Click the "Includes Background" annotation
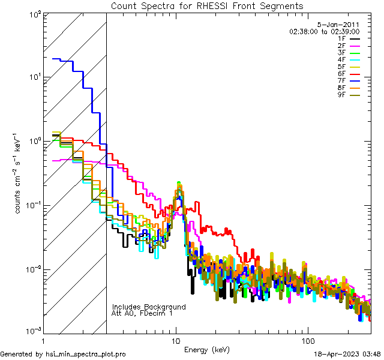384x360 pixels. point(149,307)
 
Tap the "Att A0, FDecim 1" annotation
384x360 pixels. point(142,313)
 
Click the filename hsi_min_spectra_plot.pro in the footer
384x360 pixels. point(85,355)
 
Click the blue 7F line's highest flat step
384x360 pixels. point(57,59)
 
